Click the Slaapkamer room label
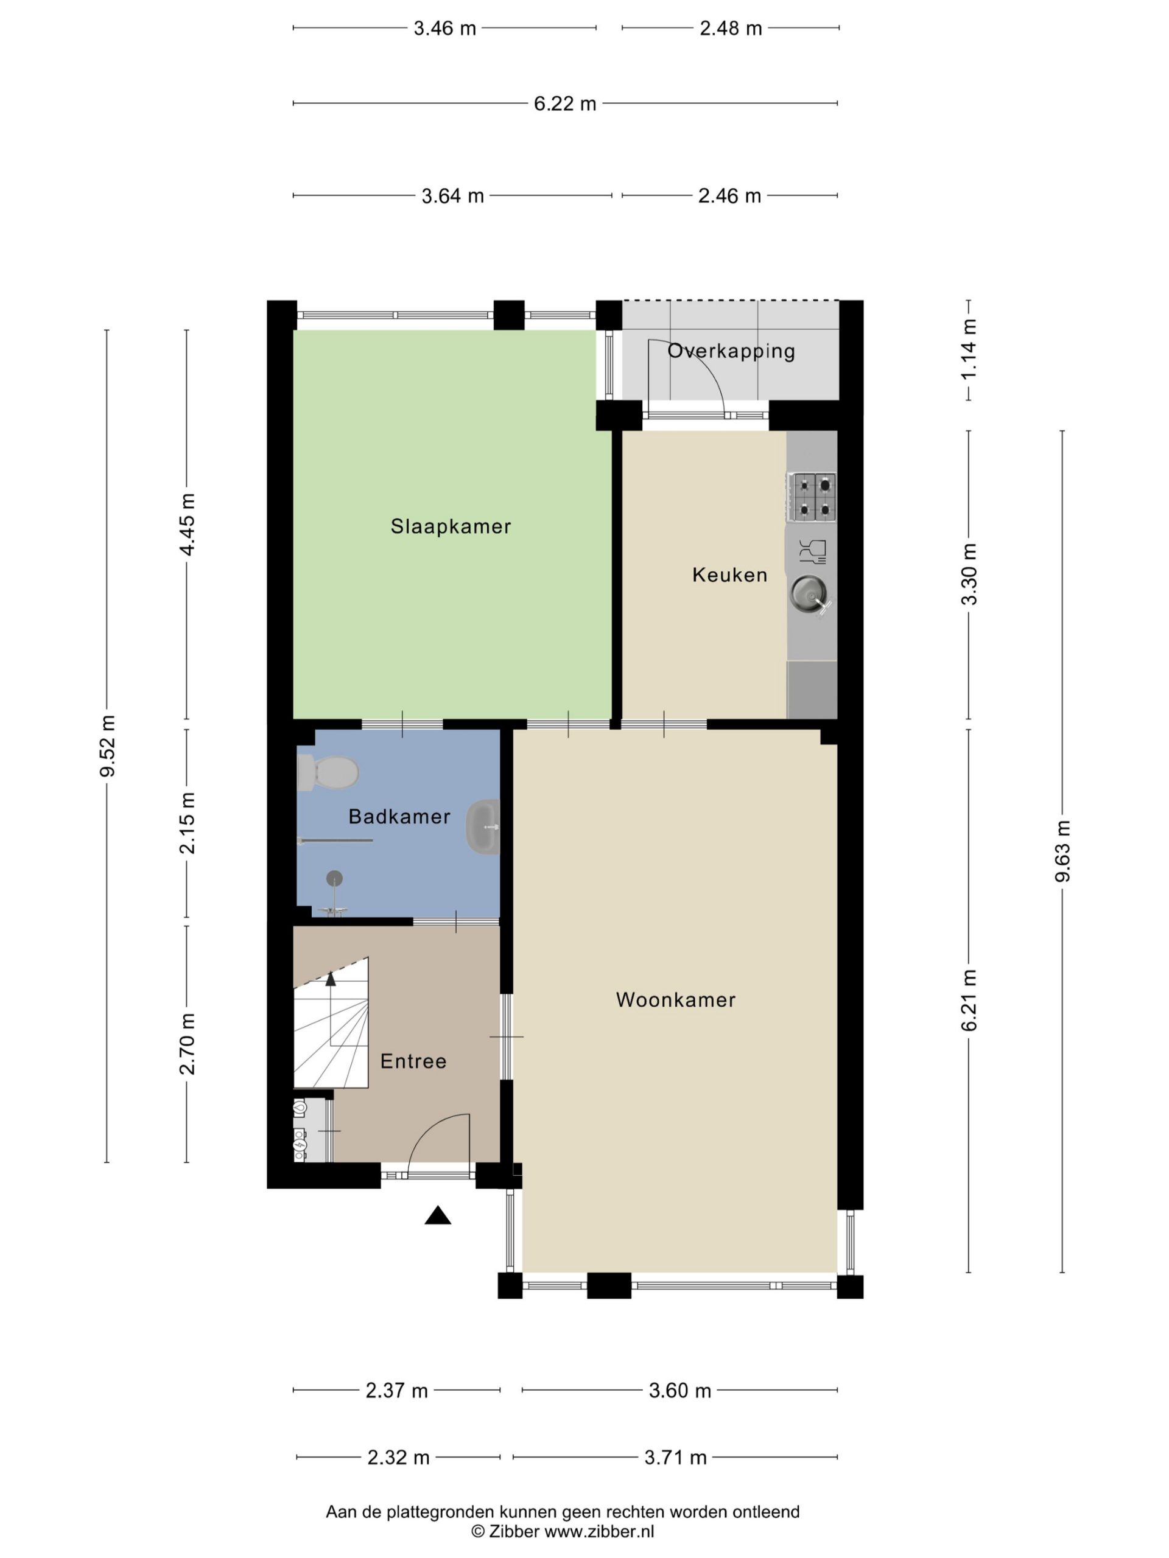pyautogui.click(x=451, y=526)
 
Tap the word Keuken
pyautogui.click(x=729, y=575)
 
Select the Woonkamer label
pyautogui.click(x=676, y=999)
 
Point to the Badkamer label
pyautogui.click(x=399, y=816)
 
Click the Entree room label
pyautogui.click(x=413, y=1061)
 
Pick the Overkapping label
pyautogui.click(x=731, y=351)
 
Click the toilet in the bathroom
pyautogui.click(x=328, y=773)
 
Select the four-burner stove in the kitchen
pyautogui.click(x=811, y=497)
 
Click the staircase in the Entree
pyautogui.click(x=331, y=1022)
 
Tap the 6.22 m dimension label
pyautogui.click(x=564, y=103)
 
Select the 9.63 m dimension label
pyautogui.click(x=1062, y=851)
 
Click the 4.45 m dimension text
pyautogui.click(x=187, y=524)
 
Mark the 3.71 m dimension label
pyautogui.click(x=675, y=1458)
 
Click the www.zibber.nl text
pyautogui.click(x=599, y=1531)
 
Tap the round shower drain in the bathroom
pyautogui.click(x=334, y=878)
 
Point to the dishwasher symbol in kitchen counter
pyautogui.click(x=812, y=551)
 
